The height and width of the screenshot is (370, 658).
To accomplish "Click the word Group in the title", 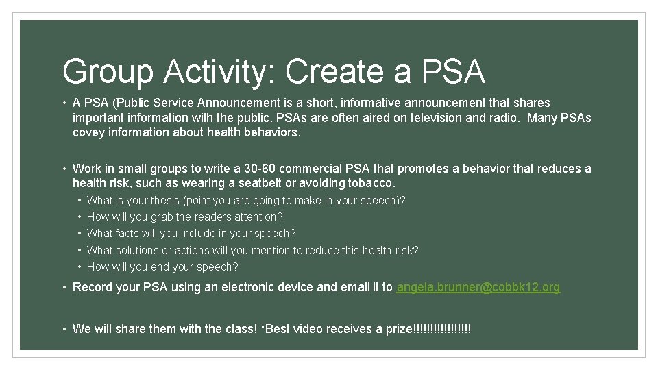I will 108,72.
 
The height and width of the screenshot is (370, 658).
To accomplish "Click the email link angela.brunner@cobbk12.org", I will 478,287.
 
